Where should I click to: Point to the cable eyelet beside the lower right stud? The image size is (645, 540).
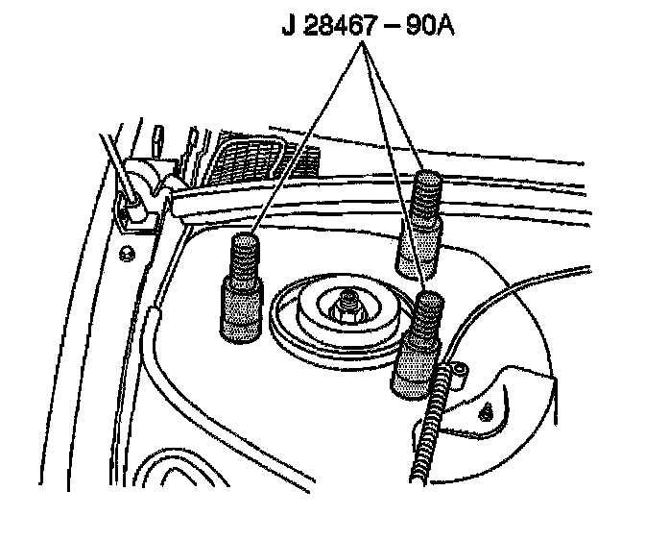(460, 367)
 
